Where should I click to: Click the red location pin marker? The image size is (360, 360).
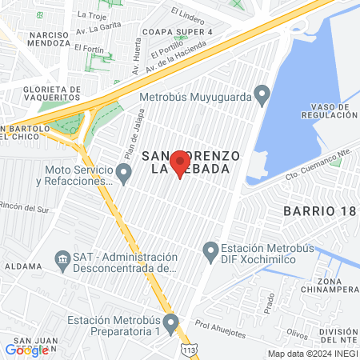coord(180,163)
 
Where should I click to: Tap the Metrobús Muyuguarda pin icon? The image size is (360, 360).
coord(261,97)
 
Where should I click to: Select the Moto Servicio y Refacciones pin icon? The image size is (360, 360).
coord(123,173)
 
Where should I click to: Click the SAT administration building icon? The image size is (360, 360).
coord(62,260)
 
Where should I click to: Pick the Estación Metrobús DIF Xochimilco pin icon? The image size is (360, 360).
coord(211,253)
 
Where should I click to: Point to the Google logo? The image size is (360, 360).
coord(26,350)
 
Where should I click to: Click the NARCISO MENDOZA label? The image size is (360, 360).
coord(55,41)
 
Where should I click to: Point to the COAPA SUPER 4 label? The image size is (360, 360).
coord(176,31)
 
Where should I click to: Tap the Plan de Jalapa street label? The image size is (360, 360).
coord(133,144)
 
